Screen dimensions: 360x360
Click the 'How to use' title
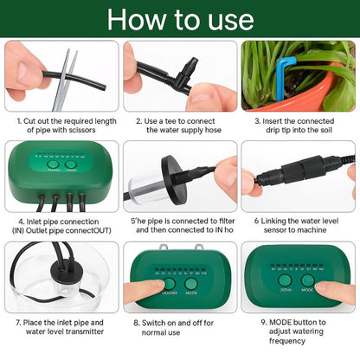click(x=179, y=19)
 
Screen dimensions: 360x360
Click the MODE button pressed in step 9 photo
click(x=308, y=280)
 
